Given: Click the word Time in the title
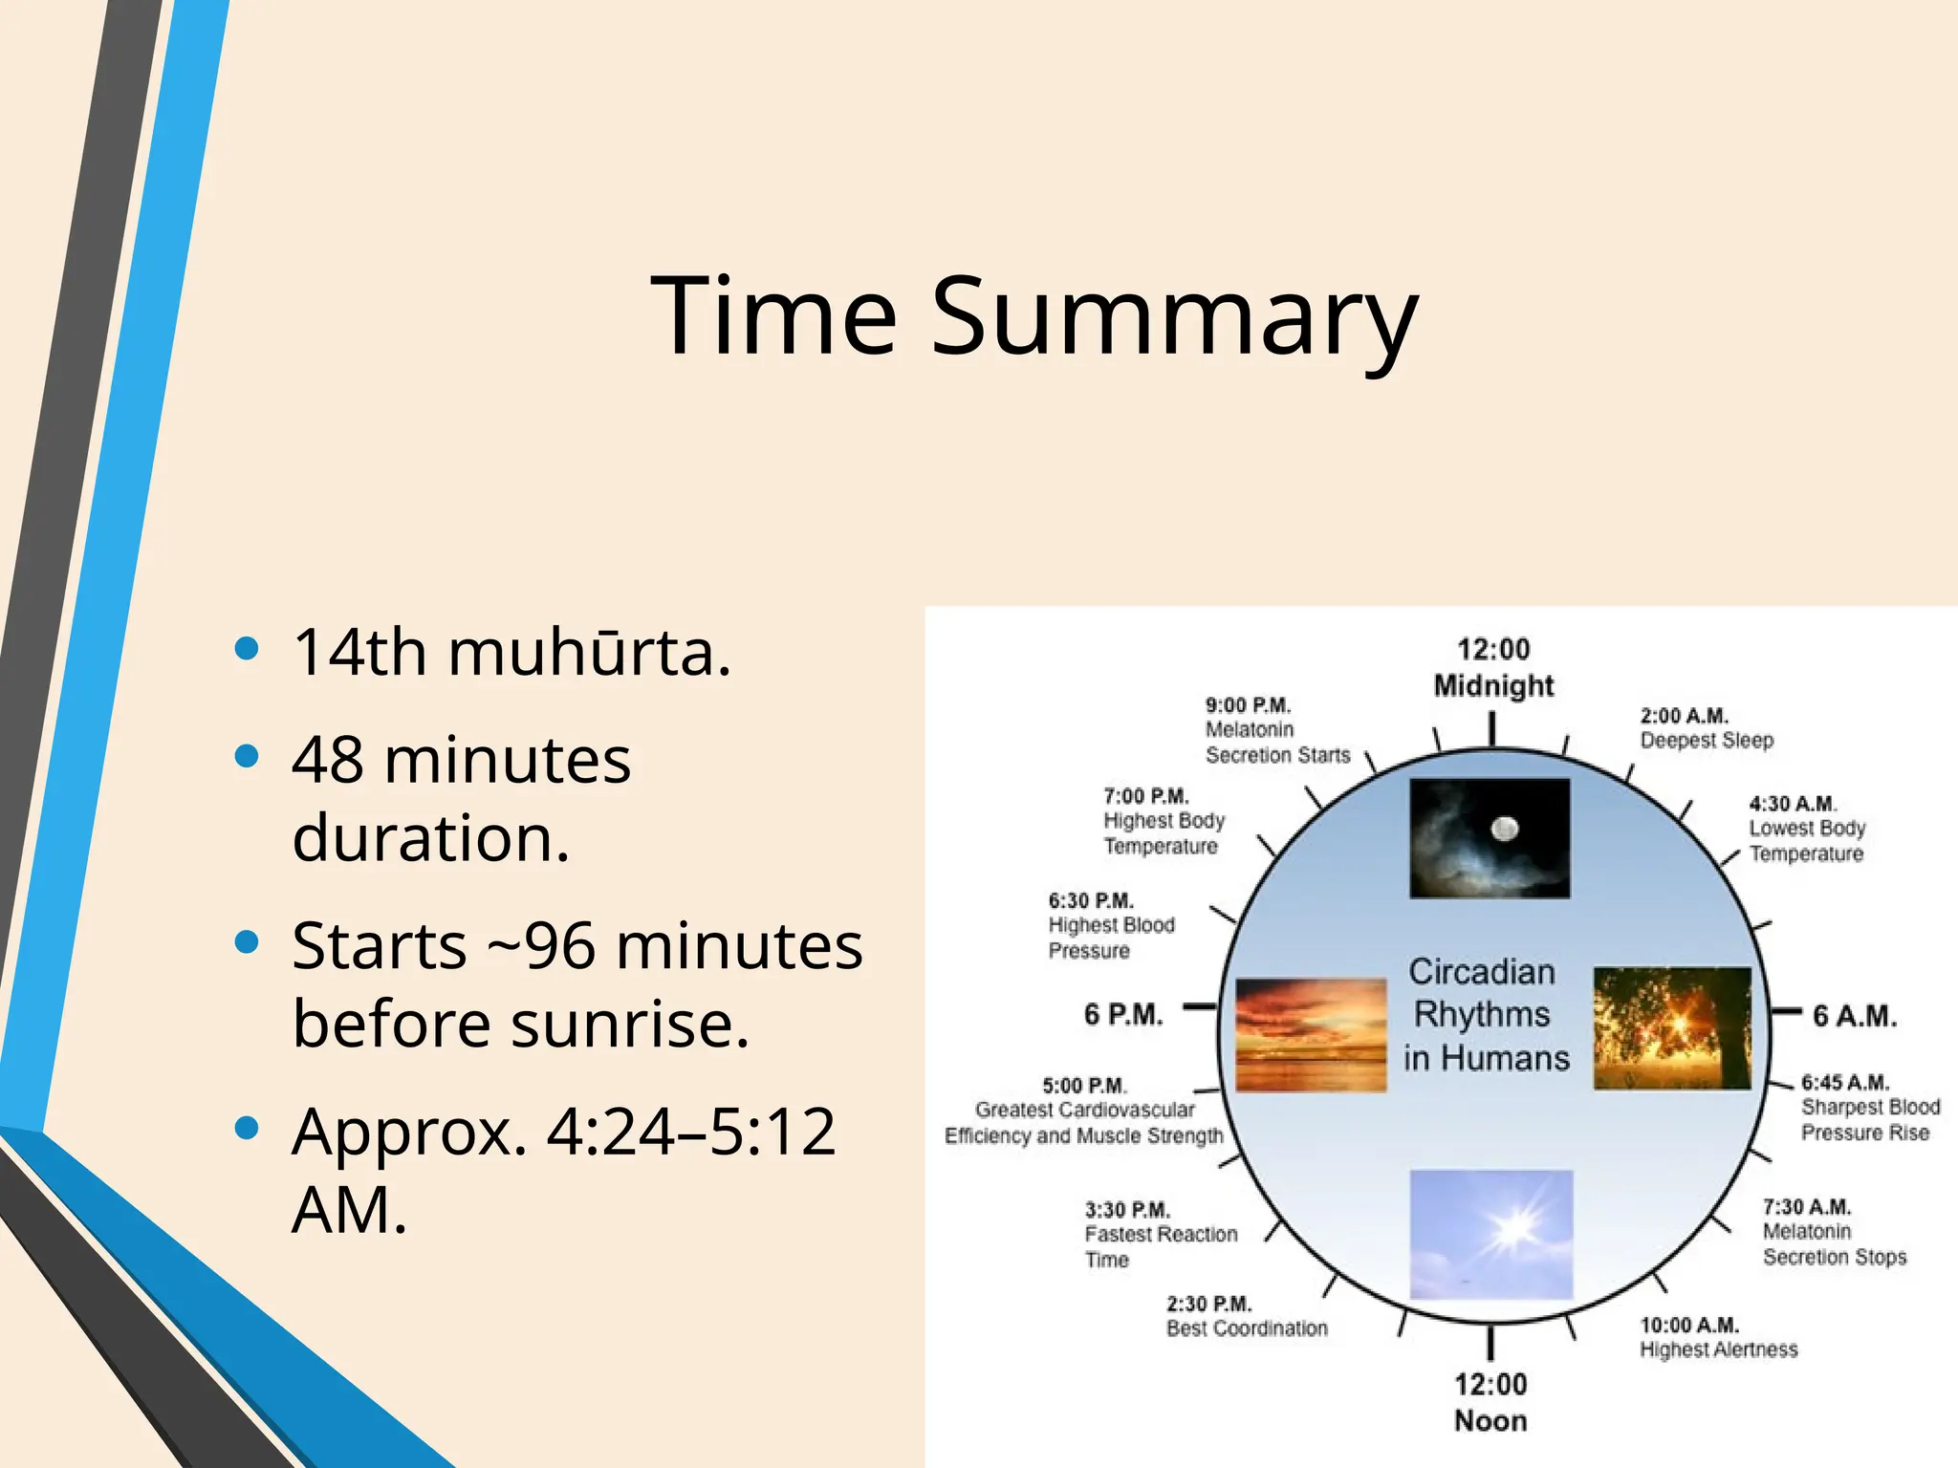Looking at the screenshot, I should pos(772,315).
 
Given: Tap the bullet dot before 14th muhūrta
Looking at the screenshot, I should pos(247,650).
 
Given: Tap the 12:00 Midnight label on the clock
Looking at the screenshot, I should pos(1492,668).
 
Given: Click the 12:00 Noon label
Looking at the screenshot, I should pos(1490,1402).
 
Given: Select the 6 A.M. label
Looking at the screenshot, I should pos(1854,1016).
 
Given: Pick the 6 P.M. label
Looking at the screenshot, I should pos(1123,1014).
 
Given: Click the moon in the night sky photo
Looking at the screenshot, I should pos(1505,828).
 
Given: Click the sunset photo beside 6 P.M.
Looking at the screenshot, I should pos(1310,1034).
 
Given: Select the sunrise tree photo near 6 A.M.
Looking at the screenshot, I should pos(1672,1028).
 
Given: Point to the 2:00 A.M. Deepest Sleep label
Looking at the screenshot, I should pos(1706,728).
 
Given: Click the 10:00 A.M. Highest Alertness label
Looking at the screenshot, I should pos(1718,1337).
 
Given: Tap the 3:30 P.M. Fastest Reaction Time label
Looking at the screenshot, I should pos(1160,1235).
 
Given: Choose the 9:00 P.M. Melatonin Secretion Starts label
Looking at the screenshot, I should pos(1276,730).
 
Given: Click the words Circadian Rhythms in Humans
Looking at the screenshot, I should pos(1485,1015).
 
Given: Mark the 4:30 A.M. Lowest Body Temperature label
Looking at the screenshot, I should pos(1806,829).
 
